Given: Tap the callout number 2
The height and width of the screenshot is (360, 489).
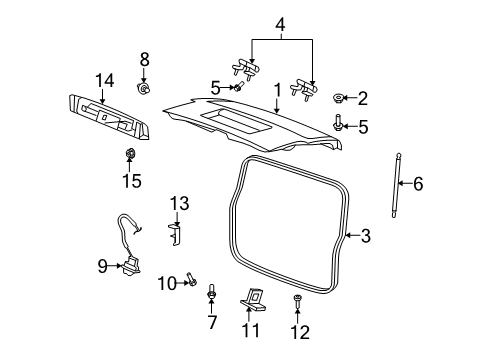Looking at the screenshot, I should [362, 98].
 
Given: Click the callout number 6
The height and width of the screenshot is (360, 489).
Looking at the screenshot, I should [418, 184].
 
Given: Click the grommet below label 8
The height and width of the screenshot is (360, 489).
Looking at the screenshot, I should [144, 88].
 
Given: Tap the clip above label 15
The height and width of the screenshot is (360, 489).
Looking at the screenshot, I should [130, 153].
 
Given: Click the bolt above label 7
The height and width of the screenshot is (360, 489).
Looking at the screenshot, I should [212, 293].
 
